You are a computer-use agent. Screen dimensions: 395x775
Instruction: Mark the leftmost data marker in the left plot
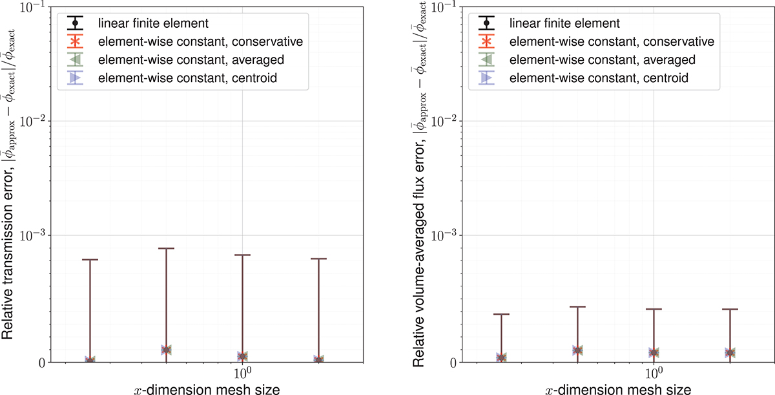(90, 359)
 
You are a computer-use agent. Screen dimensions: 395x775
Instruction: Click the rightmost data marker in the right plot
(730, 352)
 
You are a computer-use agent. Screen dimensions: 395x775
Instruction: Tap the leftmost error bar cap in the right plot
(502, 314)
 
